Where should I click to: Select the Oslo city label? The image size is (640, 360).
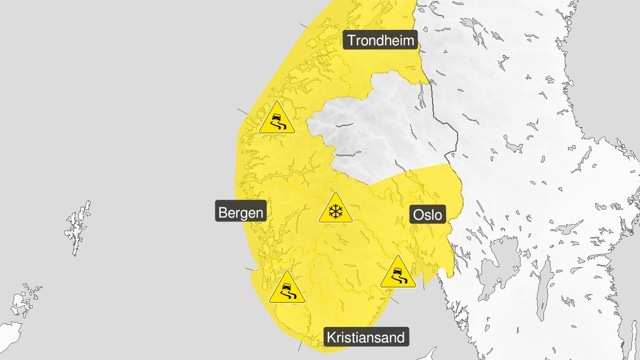(427, 215)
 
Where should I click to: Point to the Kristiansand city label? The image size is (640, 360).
(366, 337)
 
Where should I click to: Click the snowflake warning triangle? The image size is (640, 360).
(335, 209)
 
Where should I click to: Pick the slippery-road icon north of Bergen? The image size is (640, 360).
(276, 119)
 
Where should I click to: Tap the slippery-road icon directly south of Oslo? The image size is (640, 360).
(398, 273)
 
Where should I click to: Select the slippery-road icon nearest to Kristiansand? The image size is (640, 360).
(286, 289)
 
